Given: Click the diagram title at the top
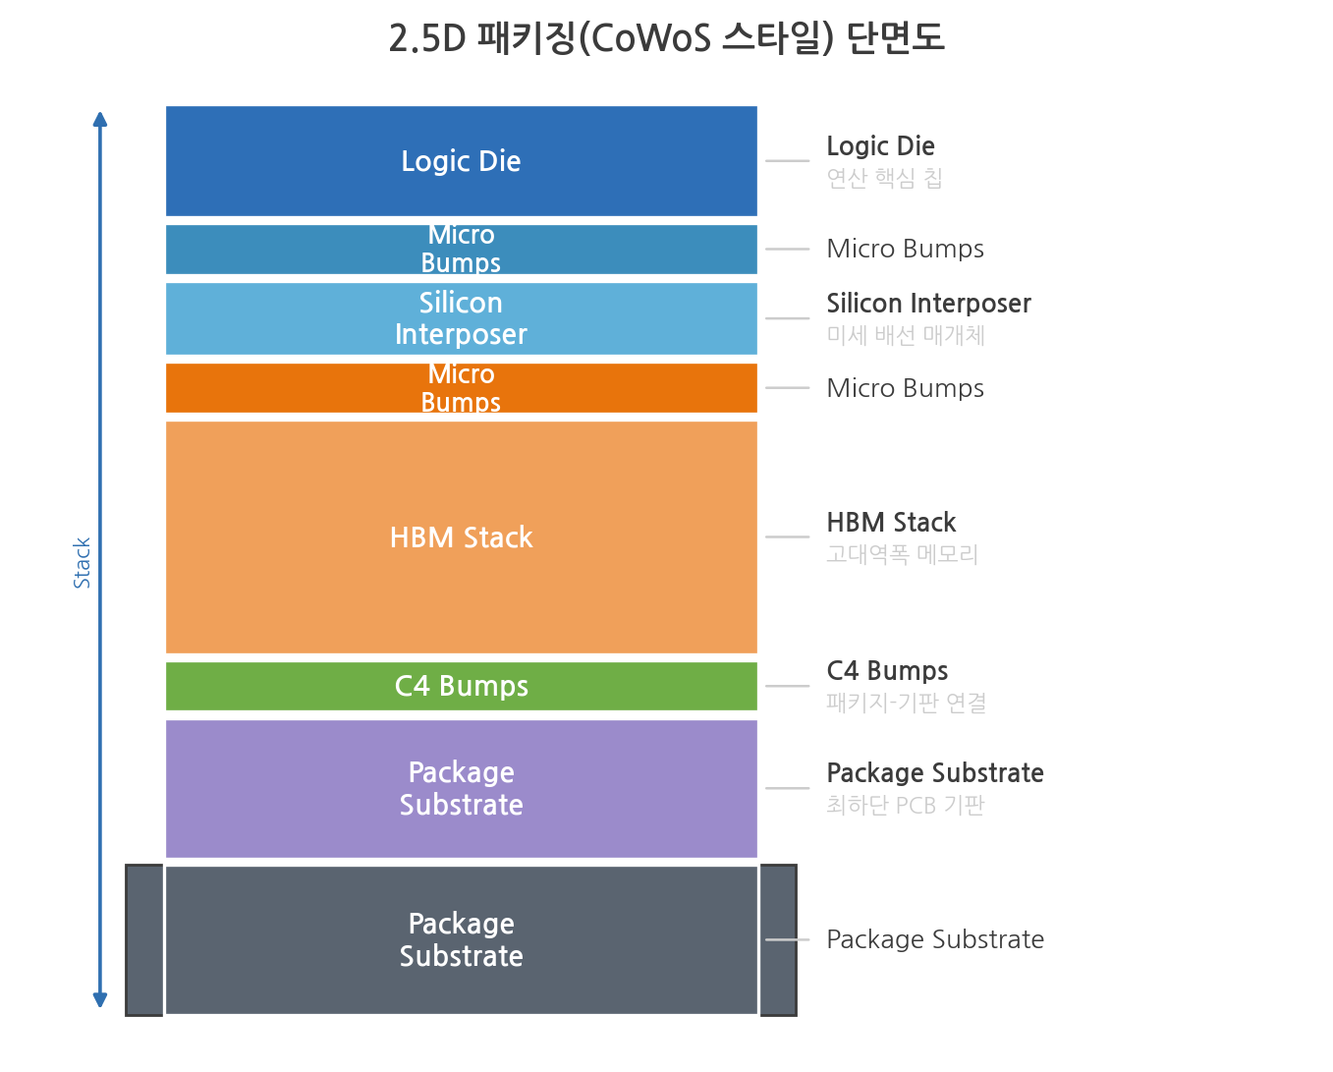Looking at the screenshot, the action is [666, 37].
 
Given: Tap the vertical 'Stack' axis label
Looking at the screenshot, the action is [83, 563].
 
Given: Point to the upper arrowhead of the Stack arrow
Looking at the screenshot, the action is [100, 119].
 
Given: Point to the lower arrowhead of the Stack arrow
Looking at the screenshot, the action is [100, 999].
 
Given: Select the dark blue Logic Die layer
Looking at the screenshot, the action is [462, 161].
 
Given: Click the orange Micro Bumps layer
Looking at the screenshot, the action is [462, 388].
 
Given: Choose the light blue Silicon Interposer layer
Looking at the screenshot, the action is [462, 318].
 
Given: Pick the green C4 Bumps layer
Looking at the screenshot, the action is [462, 686].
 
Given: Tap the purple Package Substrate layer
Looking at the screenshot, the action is [462, 788].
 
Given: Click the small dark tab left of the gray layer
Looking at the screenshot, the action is [144, 940].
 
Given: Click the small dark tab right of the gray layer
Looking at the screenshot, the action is [779, 940].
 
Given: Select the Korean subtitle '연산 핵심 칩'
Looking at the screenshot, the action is [884, 179].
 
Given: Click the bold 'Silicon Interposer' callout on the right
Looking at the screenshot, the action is [929, 304].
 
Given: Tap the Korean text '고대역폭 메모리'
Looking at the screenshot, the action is [903, 554].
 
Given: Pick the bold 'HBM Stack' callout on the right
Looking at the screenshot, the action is [891, 523].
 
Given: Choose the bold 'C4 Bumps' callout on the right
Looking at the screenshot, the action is [888, 670].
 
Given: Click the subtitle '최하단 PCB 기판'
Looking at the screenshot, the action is [906, 805].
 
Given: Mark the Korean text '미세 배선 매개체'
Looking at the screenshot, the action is [906, 335].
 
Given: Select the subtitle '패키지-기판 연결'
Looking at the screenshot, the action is [907, 703].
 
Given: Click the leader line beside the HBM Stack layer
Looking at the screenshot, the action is [787, 536].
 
